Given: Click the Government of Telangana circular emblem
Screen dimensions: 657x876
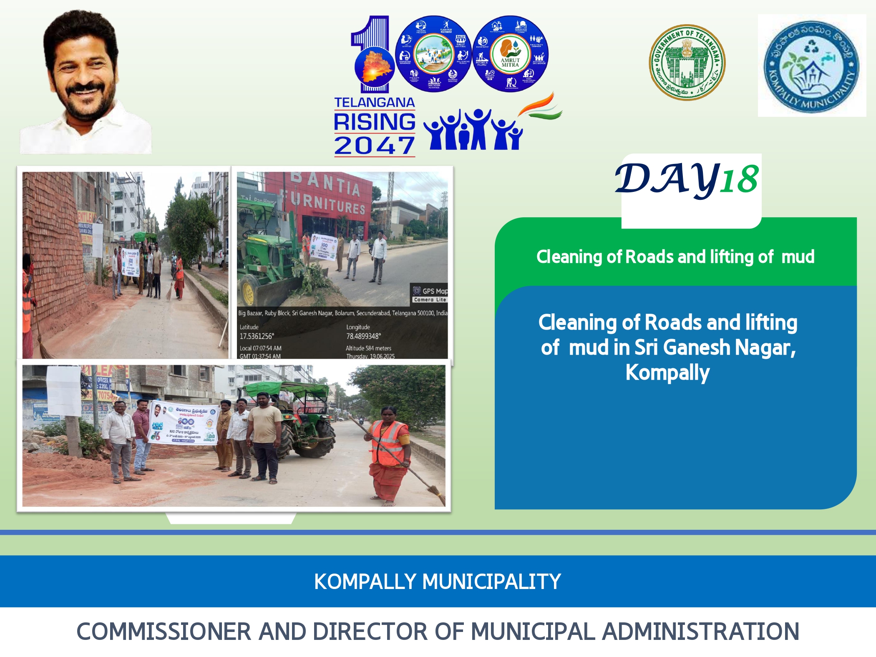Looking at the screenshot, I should click(687, 63).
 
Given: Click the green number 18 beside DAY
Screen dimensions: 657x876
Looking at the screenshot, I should click(739, 180).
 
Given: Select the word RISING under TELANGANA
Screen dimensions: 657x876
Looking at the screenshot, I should click(374, 122).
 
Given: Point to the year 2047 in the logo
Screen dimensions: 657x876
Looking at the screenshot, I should click(374, 146).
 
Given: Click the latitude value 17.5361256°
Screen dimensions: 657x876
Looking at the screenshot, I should click(257, 336).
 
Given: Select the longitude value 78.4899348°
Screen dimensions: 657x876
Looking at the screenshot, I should click(363, 336).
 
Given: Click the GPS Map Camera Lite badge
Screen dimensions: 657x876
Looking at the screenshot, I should click(430, 294).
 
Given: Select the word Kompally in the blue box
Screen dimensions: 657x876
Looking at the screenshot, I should click(667, 373).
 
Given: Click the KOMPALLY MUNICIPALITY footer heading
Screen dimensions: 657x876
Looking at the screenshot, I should click(437, 581).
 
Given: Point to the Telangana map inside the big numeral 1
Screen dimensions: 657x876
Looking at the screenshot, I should click(373, 67).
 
